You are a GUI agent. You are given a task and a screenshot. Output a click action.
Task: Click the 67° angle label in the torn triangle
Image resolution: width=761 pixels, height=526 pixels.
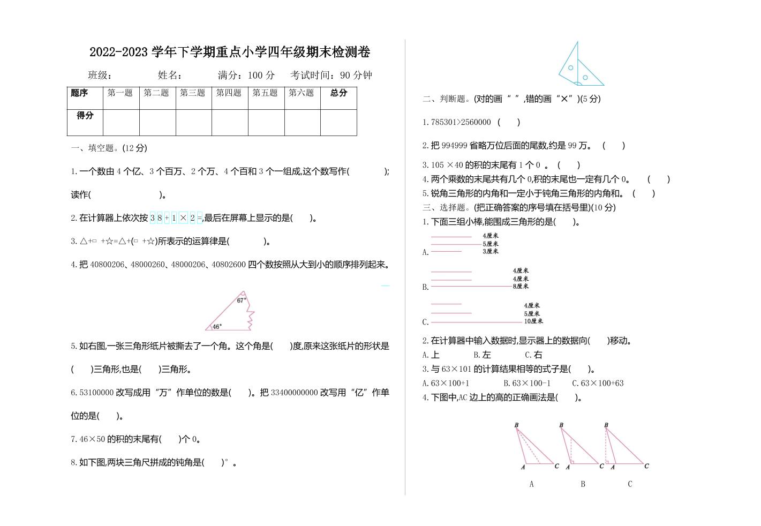point(241,300)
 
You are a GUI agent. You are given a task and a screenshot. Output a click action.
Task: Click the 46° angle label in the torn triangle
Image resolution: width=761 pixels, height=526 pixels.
point(217,326)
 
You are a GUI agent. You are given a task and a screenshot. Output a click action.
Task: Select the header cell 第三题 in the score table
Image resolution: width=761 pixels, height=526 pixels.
point(193,93)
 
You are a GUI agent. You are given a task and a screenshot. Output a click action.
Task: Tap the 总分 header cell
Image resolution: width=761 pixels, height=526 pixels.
point(338,93)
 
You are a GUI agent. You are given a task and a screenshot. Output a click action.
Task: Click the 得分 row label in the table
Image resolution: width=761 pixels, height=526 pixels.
point(85,116)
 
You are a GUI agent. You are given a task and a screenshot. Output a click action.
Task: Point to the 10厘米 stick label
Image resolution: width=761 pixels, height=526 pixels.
point(533,321)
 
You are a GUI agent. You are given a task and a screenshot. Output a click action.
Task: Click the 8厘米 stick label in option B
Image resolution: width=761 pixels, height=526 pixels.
point(521,287)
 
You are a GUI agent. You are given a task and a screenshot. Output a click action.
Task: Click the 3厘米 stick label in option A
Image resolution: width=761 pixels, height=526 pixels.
point(491,251)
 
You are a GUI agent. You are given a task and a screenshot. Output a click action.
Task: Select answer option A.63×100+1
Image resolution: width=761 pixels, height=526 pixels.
point(446,384)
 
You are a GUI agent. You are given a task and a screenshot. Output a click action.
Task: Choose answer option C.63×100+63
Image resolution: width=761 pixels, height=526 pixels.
point(598,384)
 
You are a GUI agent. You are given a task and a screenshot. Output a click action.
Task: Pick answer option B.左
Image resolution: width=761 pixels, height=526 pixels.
point(482,355)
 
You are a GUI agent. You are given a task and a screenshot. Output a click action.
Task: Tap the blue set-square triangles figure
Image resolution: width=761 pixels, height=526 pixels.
point(579,65)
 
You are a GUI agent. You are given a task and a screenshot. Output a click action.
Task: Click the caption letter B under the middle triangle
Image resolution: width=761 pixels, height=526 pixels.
point(583,484)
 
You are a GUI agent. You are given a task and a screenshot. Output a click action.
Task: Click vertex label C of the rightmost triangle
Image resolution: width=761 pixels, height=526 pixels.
point(646,466)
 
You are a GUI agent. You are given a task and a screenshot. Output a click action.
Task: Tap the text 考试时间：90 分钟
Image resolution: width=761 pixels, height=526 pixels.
point(331,76)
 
